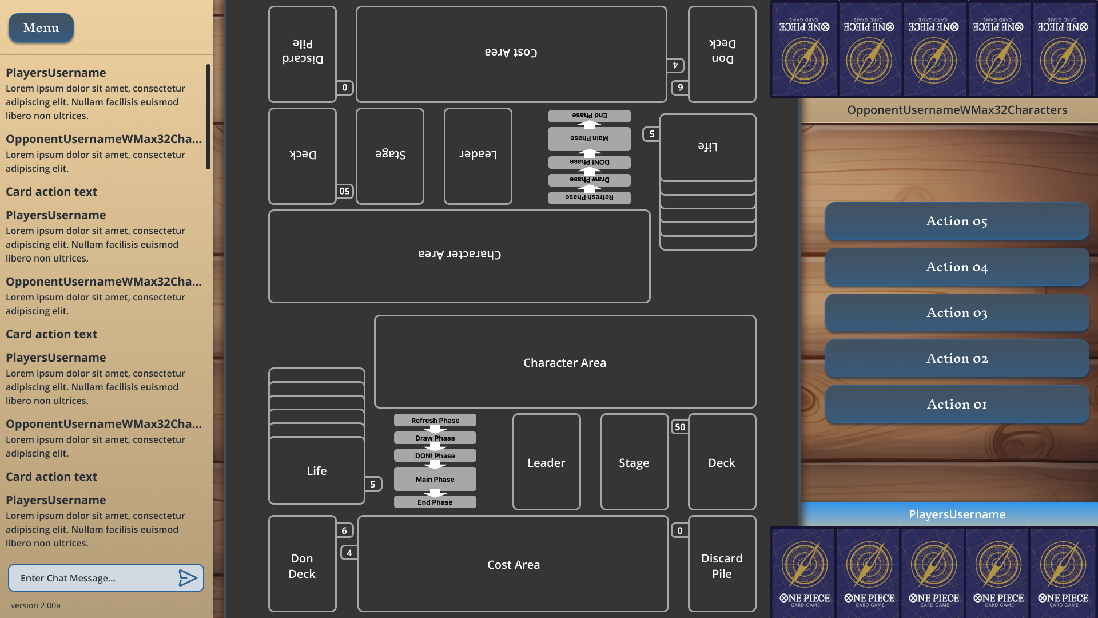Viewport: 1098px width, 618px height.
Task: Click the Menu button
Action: coord(41,27)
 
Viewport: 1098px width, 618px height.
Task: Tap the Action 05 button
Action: coord(957,221)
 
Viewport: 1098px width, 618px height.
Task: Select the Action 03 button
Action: coord(957,313)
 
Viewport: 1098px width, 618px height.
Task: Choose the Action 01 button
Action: coord(957,405)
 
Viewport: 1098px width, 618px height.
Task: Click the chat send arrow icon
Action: coord(188,578)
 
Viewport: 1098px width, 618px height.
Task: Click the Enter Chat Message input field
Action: coord(91,578)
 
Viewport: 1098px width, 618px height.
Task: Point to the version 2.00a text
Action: coord(35,605)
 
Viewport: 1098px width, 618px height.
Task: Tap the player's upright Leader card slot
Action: coord(546,462)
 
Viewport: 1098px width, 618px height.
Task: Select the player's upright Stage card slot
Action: coord(634,462)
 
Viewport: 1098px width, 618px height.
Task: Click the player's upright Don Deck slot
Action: coord(302,565)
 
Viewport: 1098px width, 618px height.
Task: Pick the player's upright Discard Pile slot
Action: coord(722,565)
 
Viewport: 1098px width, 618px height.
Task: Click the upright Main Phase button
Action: coord(435,479)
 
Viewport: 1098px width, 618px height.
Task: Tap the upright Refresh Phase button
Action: coord(435,420)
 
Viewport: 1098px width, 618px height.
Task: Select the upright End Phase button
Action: coord(435,502)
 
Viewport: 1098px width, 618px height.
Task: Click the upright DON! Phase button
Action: coord(435,455)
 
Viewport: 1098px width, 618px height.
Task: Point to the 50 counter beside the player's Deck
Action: coord(679,427)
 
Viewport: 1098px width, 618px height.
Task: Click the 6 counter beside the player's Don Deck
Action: coord(344,530)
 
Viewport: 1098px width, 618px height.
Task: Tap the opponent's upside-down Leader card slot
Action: coord(478,156)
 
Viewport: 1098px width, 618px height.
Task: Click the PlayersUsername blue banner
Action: coord(957,514)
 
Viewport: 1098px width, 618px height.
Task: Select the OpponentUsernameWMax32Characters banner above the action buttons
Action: coord(957,110)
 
